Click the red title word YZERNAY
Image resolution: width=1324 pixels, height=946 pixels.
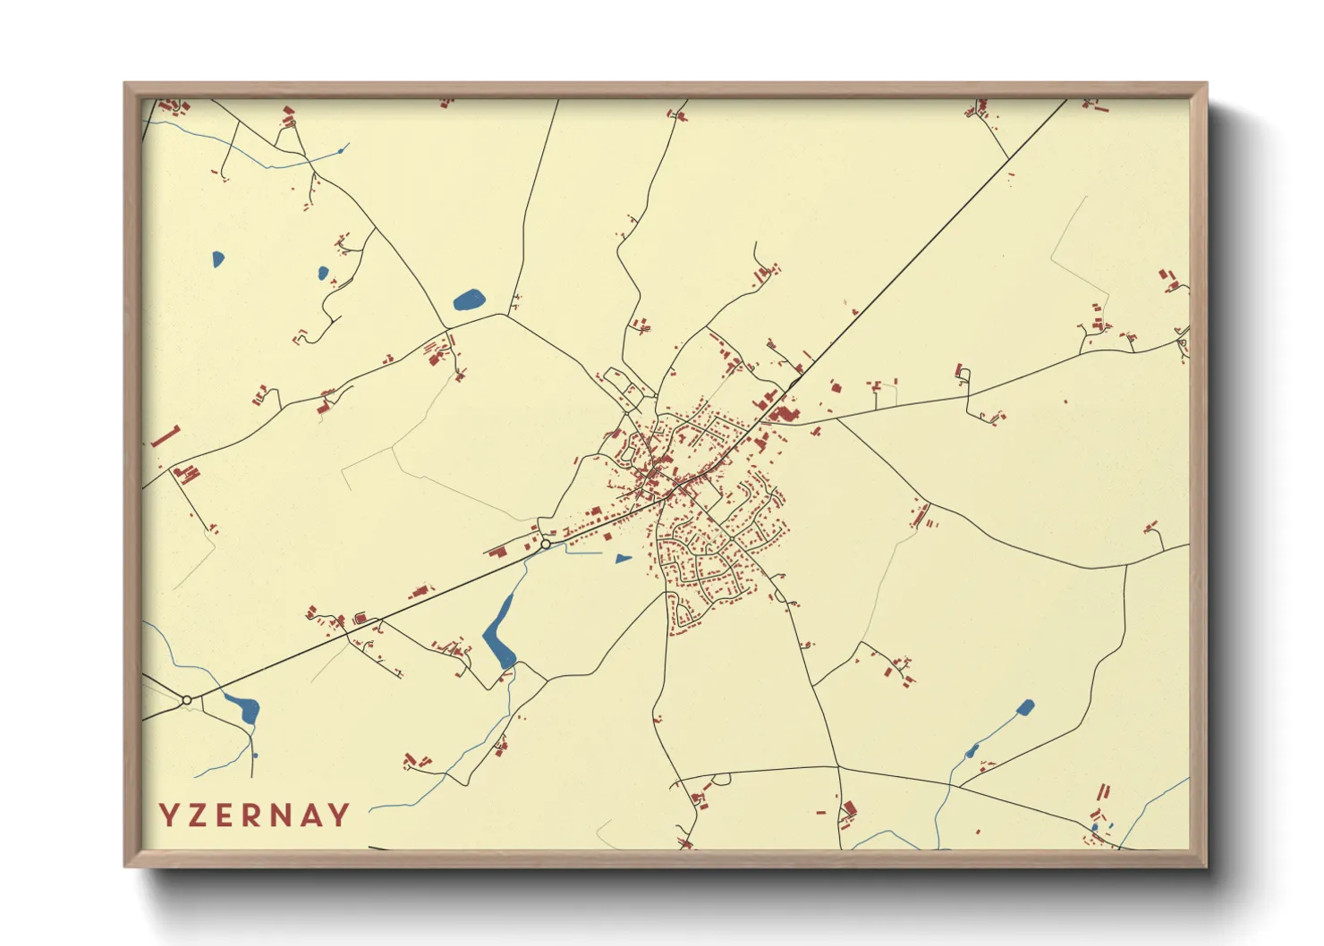(x=255, y=815)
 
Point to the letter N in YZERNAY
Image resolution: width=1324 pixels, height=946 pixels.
(x=287, y=815)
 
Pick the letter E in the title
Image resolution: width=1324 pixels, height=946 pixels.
(x=229, y=815)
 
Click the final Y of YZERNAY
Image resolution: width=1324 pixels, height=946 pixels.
(x=341, y=815)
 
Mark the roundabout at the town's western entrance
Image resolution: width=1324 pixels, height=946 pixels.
(x=546, y=544)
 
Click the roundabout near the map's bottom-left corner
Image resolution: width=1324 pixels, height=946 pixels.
(x=186, y=700)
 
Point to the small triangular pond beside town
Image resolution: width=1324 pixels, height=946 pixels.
(x=623, y=559)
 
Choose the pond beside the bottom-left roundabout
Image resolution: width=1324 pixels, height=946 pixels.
(x=244, y=708)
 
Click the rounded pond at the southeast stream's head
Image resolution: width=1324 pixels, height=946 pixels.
(x=1025, y=708)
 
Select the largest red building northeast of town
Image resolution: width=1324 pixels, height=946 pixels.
(x=785, y=414)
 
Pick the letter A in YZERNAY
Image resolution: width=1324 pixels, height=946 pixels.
(x=315, y=815)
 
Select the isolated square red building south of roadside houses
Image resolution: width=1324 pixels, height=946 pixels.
(x=607, y=536)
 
